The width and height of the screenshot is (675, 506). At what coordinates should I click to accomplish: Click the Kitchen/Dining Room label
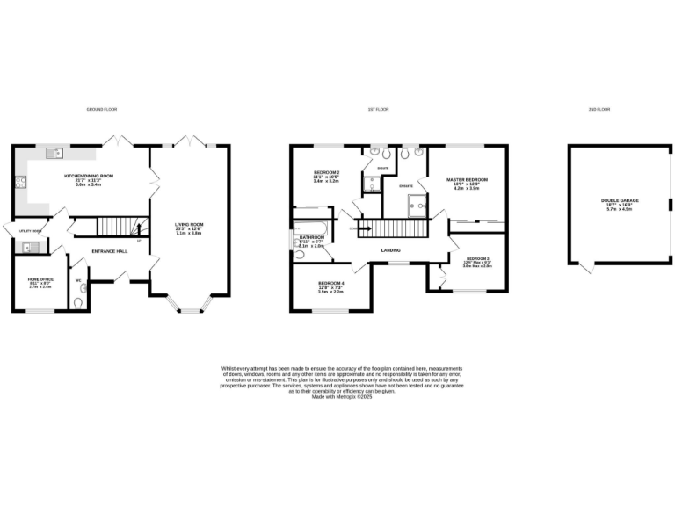pyautogui.click(x=89, y=177)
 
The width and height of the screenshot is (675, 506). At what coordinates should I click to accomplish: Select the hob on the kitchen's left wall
pyautogui.click(x=19, y=184)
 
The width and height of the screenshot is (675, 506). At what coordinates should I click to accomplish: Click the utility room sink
pyautogui.click(x=28, y=247)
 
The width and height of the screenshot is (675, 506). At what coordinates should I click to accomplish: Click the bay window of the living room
pyautogui.click(x=189, y=307)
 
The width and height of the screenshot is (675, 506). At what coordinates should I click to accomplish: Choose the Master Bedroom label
pyautogui.click(x=467, y=182)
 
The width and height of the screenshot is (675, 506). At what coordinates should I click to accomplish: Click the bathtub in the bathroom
pyautogui.click(x=312, y=231)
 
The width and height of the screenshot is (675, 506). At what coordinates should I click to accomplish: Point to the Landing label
pyautogui.click(x=391, y=249)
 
